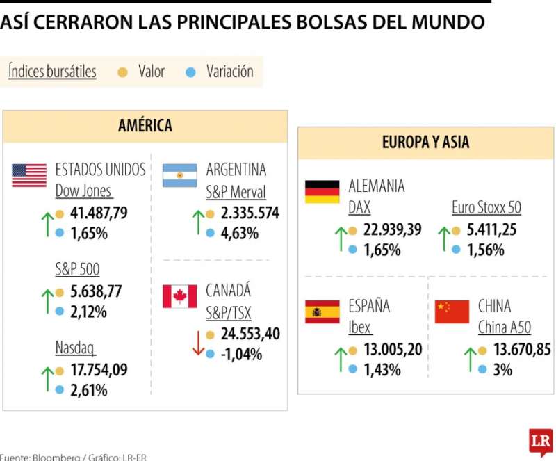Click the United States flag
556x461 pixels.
pos(29,175)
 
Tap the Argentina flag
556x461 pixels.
pos(180,175)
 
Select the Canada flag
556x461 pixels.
pos(180,296)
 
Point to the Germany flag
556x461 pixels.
pos(322,192)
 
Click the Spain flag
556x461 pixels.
pos(322,312)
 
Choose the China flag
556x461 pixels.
pos(452,312)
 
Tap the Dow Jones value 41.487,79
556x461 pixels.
pos(99,213)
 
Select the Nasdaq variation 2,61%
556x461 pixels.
pos(89,391)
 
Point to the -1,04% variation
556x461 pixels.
pos(241,355)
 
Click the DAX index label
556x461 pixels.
pos(359,207)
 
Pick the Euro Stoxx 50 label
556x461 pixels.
pos(486,207)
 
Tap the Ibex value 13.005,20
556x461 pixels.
pos(393,350)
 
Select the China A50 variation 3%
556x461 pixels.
pos(502,371)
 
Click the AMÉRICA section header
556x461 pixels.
pos(145,126)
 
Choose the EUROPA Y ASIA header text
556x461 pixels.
pos(425,143)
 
